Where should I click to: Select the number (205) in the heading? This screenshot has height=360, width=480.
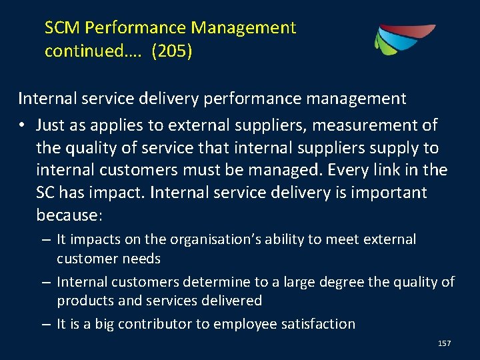pyautogui.click(x=172, y=51)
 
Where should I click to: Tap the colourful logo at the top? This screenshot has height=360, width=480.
pyautogui.click(x=404, y=39)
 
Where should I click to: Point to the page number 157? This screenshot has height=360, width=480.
pyautogui.click(x=444, y=343)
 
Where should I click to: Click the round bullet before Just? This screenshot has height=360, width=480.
pyautogui.click(x=23, y=125)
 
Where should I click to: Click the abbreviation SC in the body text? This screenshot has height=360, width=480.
pyautogui.click(x=46, y=193)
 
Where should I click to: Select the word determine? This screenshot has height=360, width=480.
pyautogui.click(x=219, y=282)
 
